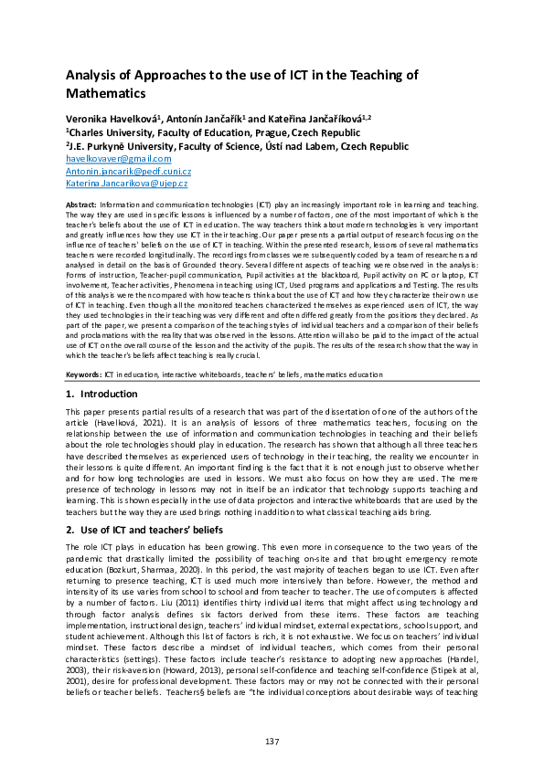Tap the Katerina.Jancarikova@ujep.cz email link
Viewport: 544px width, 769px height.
point(127,184)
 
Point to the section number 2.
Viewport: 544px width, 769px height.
point(69,530)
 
